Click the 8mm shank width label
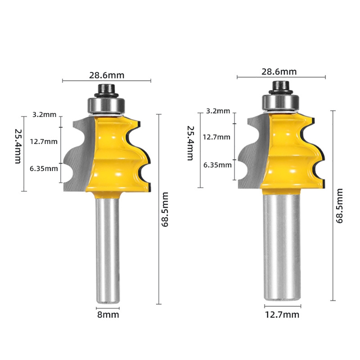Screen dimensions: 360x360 coord(108,315)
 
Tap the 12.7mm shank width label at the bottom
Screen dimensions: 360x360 coord(282,315)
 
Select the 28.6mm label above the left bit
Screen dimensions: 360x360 coord(107,75)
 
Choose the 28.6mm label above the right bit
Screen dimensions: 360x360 coord(279,72)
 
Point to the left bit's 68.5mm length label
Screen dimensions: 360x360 coord(165,210)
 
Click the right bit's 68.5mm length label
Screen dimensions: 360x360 coord(339,206)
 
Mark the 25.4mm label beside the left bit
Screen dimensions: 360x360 coord(18,146)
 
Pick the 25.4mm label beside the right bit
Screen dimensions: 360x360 coord(190,143)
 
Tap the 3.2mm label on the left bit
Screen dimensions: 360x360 coord(44,114)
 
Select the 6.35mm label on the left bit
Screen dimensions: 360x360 coord(44,169)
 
